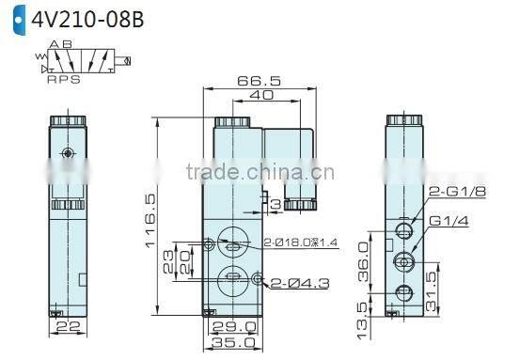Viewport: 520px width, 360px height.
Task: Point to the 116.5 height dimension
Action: (x=149, y=222)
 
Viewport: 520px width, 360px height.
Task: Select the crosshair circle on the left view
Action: (x=65, y=153)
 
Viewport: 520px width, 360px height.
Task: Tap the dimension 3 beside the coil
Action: (x=276, y=203)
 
